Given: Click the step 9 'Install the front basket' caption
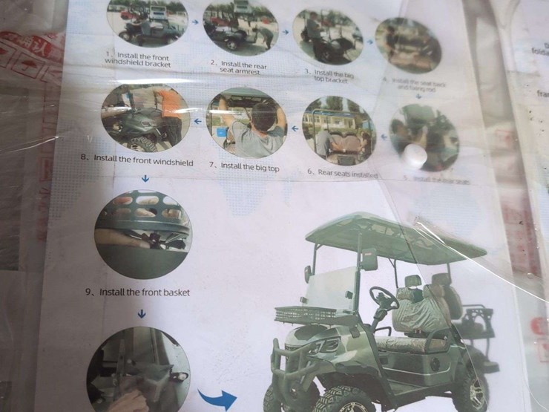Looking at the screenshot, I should pyautogui.click(x=137, y=292).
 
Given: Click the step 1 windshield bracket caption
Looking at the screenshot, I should pyautogui.click(x=137, y=59).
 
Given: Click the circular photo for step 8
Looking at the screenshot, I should pyautogui.click(x=144, y=119).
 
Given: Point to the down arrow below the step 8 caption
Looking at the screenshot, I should pyautogui.click(x=144, y=178).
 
